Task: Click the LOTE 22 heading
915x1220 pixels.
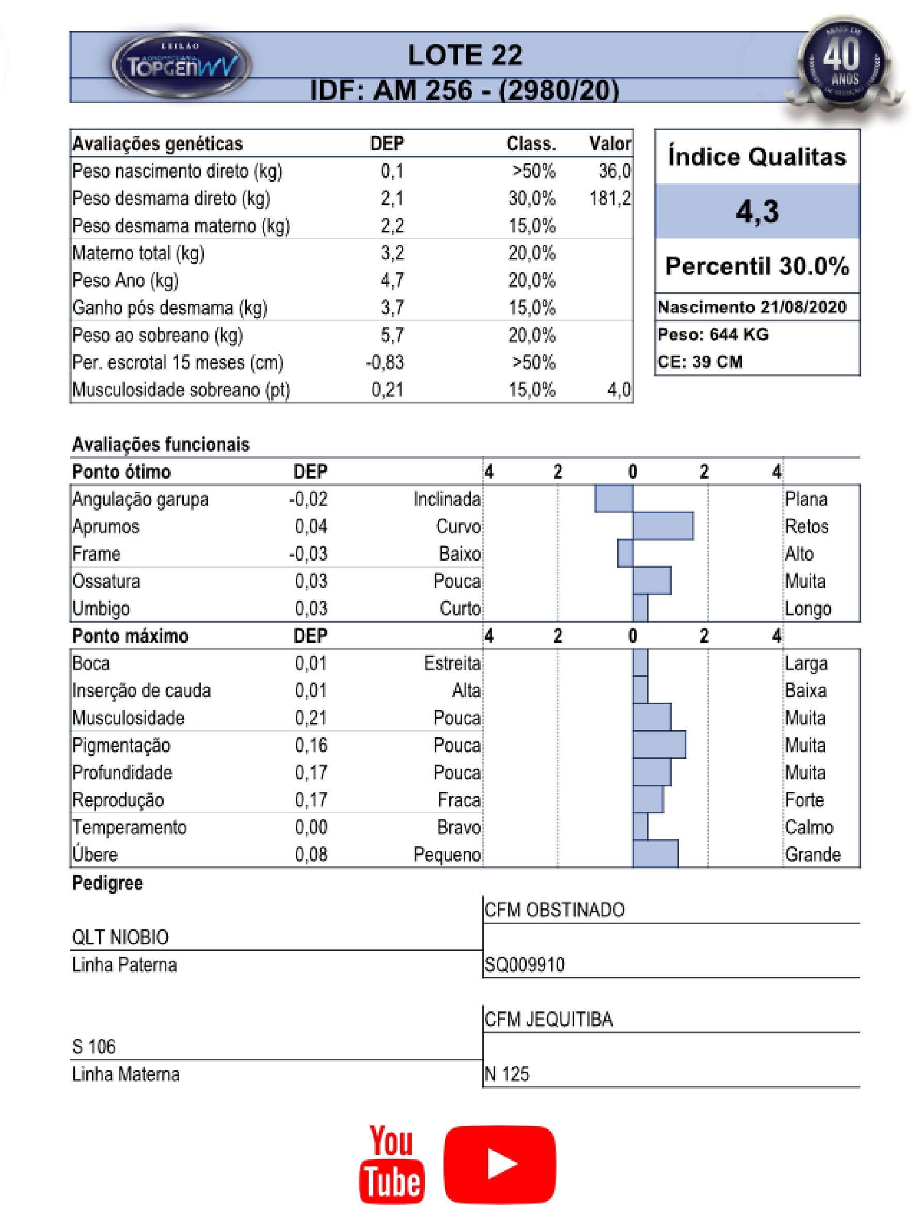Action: pyautogui.click(x=464, y=55)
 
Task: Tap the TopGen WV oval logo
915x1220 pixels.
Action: pyautogui.click(x=181, y=66)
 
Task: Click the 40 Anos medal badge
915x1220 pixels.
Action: pyautogui.click(x=842, y=65)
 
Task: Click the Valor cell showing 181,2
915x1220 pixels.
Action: pyautogui.click(x=609, y=199)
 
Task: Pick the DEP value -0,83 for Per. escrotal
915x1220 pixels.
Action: pyautogui.click(x=385, y=362)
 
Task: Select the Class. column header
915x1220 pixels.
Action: pyautogui.click(x=531, y=144)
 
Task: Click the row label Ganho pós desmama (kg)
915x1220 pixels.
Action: pyautogui.click(x=170, y=308)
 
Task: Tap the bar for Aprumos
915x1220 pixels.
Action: pyautogui.click(x=662, y=526)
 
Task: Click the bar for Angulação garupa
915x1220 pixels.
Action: pyautogui.click(x=614, y=499)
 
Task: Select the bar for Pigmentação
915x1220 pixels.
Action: pyautogui.click(x=659, y=744)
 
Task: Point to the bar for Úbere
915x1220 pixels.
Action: pyautogui.click(x=655, y=854)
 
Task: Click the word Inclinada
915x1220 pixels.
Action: pyautogui.click(x=447, y=499)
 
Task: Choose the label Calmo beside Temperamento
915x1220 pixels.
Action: pyautogui.click(x=809, y=827)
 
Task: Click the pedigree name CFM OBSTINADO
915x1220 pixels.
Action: pyautogui.click(x=554, y=910)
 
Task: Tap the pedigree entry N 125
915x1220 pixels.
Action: pyautogui.click(x=507, y=1074)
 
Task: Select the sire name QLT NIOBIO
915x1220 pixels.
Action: pyautogui.click(x=120, y=937)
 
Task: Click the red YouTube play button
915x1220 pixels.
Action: pyautogui.click(x=500, y=1164)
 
